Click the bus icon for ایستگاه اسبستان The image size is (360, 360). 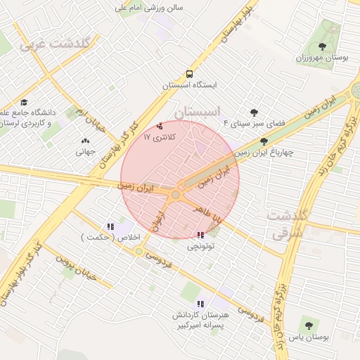[189, 74]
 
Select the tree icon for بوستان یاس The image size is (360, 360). [309, 326]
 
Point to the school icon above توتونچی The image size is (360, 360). [201, 235]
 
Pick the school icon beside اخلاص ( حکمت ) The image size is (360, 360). [110, 226]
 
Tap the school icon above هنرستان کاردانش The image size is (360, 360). [201, 304]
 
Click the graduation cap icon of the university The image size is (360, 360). [25, 103]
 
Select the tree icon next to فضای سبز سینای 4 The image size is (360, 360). [254, 112]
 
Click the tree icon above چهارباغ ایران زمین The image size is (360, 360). [264, 141]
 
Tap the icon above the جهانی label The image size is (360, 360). [85, 141]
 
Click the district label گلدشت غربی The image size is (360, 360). [56, 44]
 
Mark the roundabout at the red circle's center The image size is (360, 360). [176, 193]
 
